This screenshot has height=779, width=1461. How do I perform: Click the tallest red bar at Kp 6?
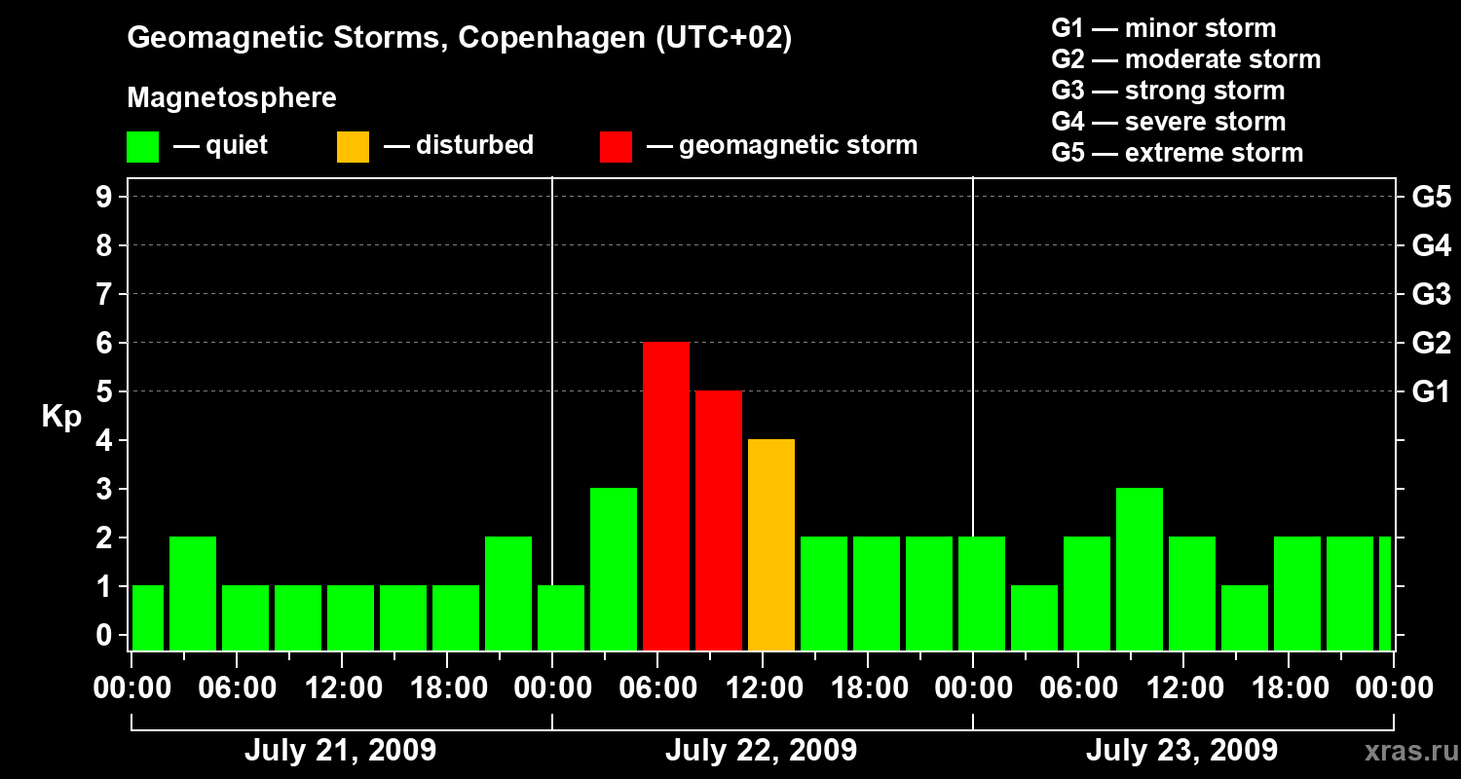pyautogui.click(x=666, y=497)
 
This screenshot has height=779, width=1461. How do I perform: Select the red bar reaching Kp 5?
pyautogui.click(x=719, y=521)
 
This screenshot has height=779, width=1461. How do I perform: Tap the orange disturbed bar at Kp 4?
pyautogui.click(x=771, y=545)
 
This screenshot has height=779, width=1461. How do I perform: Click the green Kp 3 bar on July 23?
pyautogui.click(x=1140, y=570)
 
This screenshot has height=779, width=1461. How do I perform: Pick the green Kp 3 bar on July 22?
pyautogui.click(x=614, y=570)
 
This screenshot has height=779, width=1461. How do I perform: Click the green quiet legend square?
pyautogui.click(x=143, y=147)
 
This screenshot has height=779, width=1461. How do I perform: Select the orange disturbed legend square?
pyautogui.click(x=354, y=147)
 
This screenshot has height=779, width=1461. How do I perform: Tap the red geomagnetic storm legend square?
pyautogui.click(x=617, y=147)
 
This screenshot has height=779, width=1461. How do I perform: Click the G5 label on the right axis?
pyautogui.click(x=1431, y=198)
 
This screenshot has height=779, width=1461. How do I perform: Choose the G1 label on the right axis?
pyautogui.click(x=1431, y=392)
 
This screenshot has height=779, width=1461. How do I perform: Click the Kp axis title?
pyautogui.click(x=61, y=417)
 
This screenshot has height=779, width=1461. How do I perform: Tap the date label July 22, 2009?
pyautogui.click(x=761, y=751)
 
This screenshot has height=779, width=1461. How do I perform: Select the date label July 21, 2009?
pyautogui.click(x=340, y=751)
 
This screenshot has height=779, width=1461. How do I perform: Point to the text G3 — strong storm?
pyautogui.click(x=1168, y=91)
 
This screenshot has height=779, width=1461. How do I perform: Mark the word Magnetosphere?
pyautogui.click(x=232, y=98)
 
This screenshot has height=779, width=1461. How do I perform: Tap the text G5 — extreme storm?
pyautogui.click(x=1177, y=153)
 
